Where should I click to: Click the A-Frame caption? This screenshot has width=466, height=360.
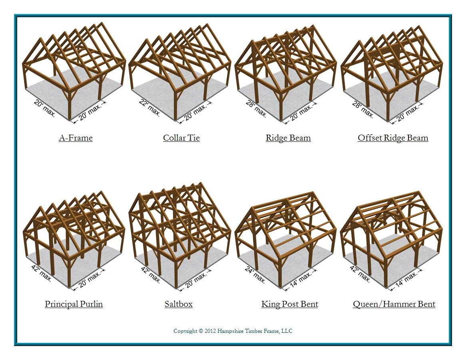pyautogui.click(x=76, y=138)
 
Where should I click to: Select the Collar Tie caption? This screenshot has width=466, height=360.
pyautogui.click(x=181, y=138)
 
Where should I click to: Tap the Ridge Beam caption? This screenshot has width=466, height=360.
pyautogui.click(x=288, y=138)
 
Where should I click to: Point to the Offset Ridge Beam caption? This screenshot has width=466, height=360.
pyautogui.click(x=393, y=138)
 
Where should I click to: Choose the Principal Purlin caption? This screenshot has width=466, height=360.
pyautogui.click(x=74, y=304)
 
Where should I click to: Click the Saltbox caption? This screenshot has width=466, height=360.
pyautogui.click(x=178, y=304)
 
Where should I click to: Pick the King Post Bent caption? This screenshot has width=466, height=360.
pyautogui.click(x=289, y=304)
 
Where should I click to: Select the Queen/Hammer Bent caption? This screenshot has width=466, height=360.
pyautogui.click(x=394, y=304)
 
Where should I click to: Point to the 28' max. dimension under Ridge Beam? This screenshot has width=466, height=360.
pyautogui.click(x=256, y=108)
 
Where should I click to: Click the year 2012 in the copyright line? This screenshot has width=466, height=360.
pyautogui.click(x=211, y=331)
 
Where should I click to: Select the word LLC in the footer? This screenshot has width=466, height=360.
pyautogui.click(x=287, y=331)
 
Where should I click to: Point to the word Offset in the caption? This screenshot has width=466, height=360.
pyautogui.click(x=370, y=138)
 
